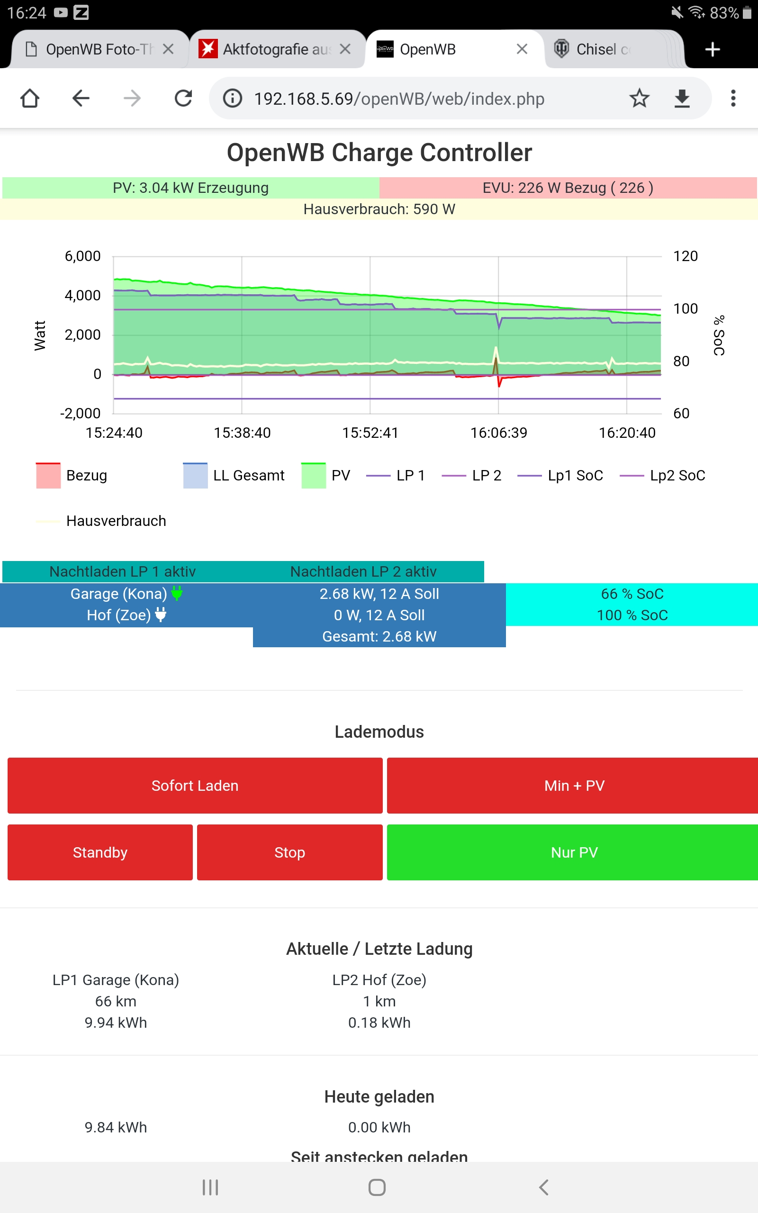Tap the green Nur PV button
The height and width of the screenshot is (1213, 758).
point(574,852)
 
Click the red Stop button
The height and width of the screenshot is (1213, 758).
point(289,852)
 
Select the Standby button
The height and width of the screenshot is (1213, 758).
point(100,852)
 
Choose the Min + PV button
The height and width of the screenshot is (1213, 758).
point(574,786)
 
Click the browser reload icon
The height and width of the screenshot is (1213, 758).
point(183,98)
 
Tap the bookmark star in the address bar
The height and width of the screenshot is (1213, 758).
point(639,98)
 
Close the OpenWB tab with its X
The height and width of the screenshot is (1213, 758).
point(522,49)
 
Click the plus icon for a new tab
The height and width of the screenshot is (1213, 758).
point(713,49)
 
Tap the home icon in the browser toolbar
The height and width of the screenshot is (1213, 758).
point(29,98)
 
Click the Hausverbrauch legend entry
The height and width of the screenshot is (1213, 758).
point(116,521)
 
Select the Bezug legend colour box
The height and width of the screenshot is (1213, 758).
point(48,475)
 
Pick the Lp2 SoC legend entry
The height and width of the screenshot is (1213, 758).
point(677,475)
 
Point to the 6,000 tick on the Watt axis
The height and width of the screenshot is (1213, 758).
point(83,256)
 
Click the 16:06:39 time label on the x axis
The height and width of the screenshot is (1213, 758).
point(498,433)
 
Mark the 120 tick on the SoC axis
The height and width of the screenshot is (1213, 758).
point(686,256)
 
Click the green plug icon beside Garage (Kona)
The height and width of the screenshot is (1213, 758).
point(176,593)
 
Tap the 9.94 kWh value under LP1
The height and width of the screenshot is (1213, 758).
point(116,1023)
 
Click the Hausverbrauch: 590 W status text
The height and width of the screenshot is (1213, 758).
point(379,209)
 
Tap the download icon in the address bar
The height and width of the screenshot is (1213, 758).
point(682,98)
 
